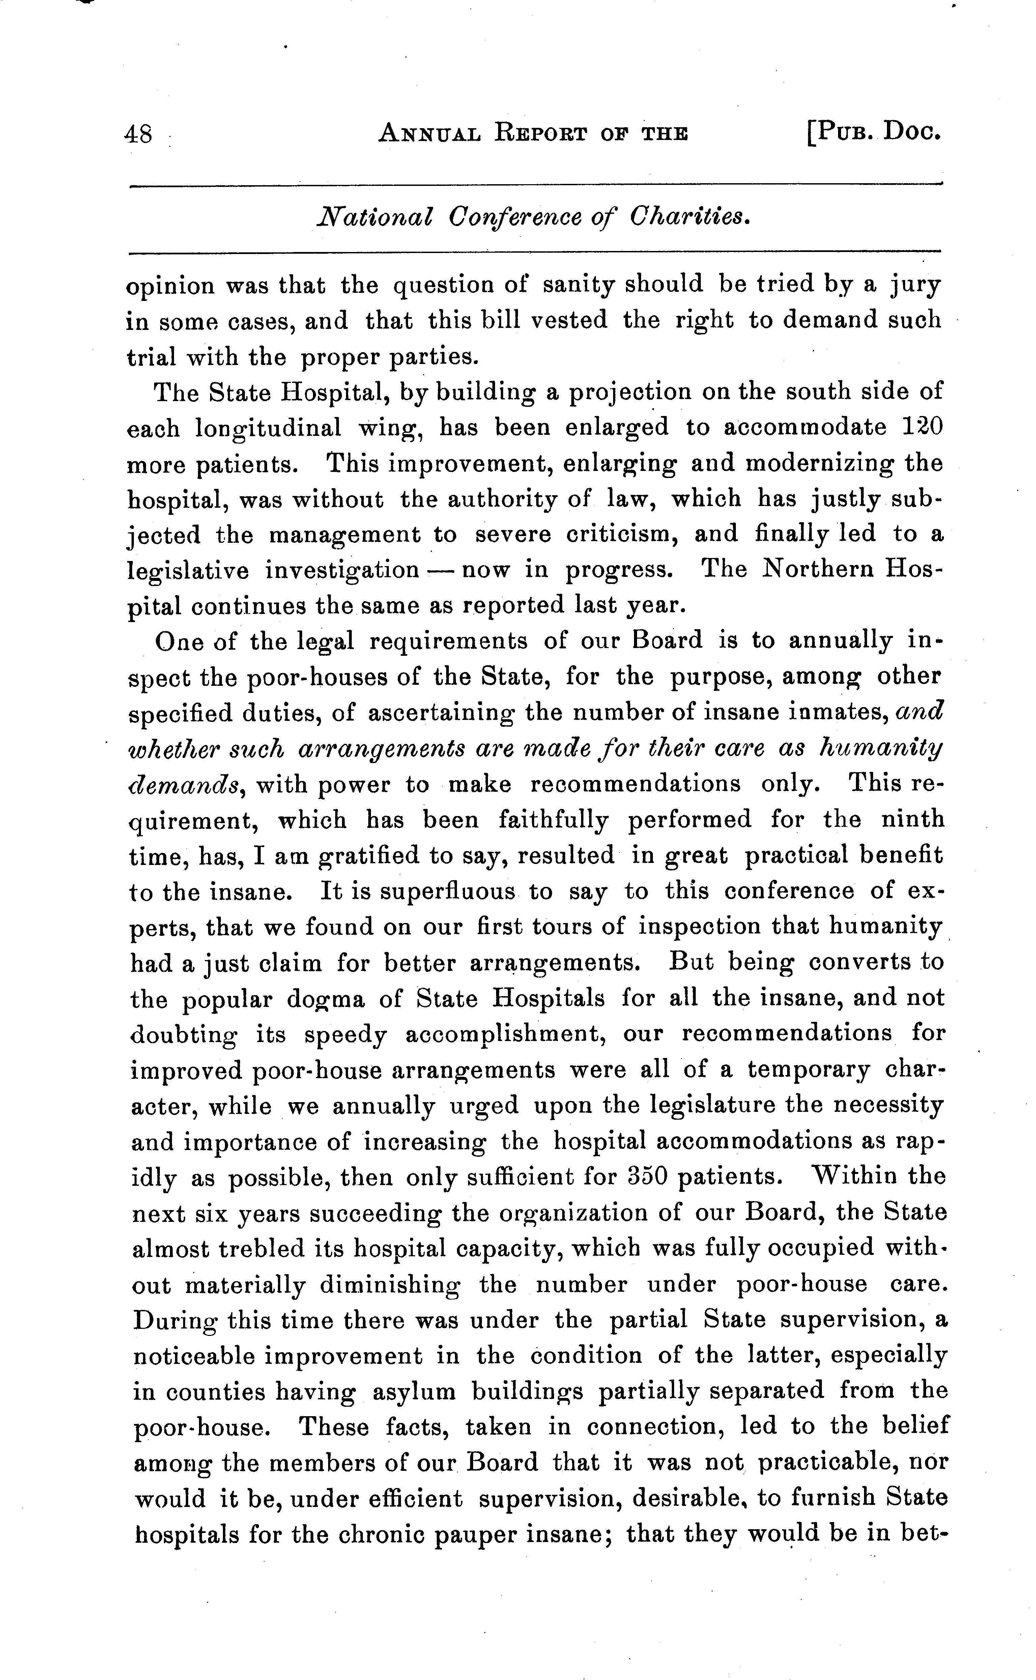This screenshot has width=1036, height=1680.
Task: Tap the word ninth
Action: tap(912, 820)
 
